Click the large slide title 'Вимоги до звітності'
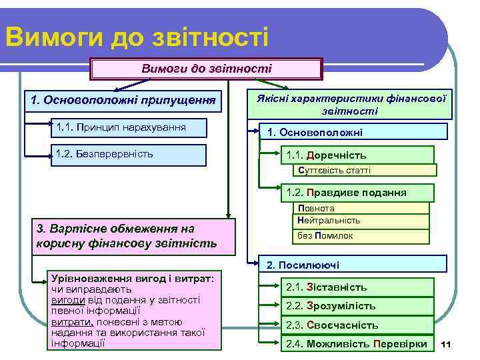click(136, 36)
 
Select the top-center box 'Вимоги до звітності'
click(206, 69)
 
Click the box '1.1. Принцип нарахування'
click(130, 127)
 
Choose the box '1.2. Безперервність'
click(130, 154)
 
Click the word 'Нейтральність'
click(329, 220)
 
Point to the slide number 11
click(447, 344)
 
